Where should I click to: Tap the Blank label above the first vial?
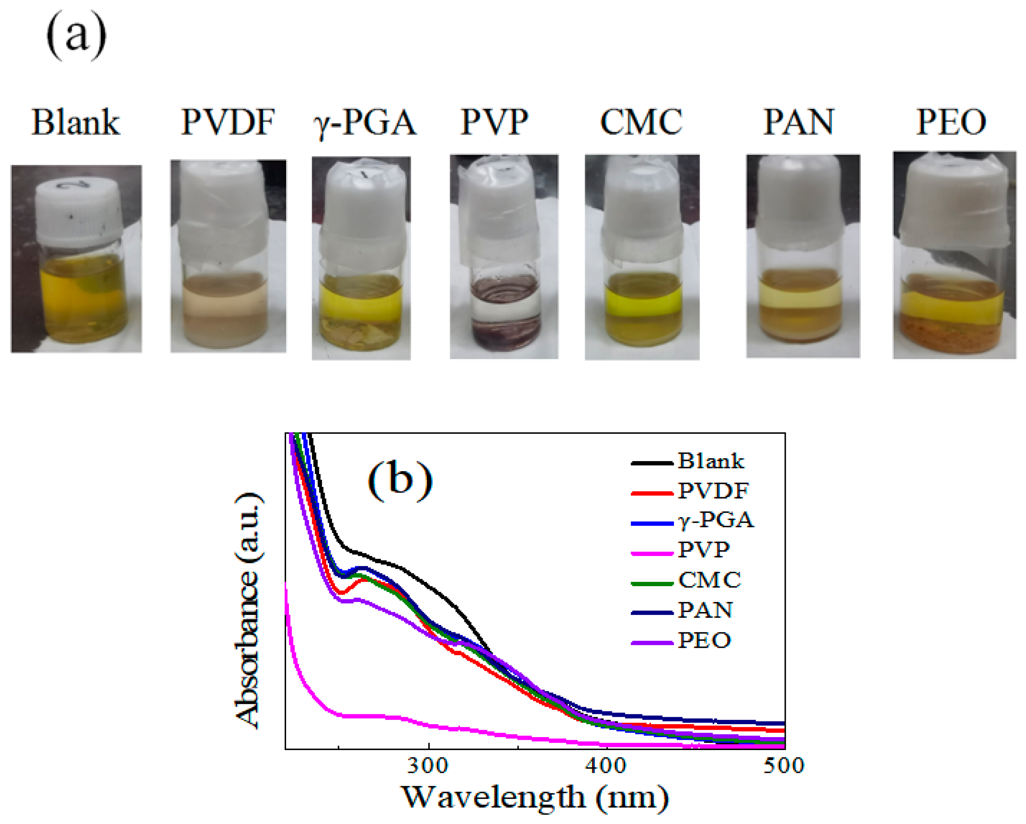click(76, 123)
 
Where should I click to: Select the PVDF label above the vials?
click(228, 123)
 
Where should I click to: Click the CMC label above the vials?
click(641, 123)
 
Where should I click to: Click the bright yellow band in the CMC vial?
click(643, 300)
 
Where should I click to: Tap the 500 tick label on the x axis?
click(783, 766)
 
